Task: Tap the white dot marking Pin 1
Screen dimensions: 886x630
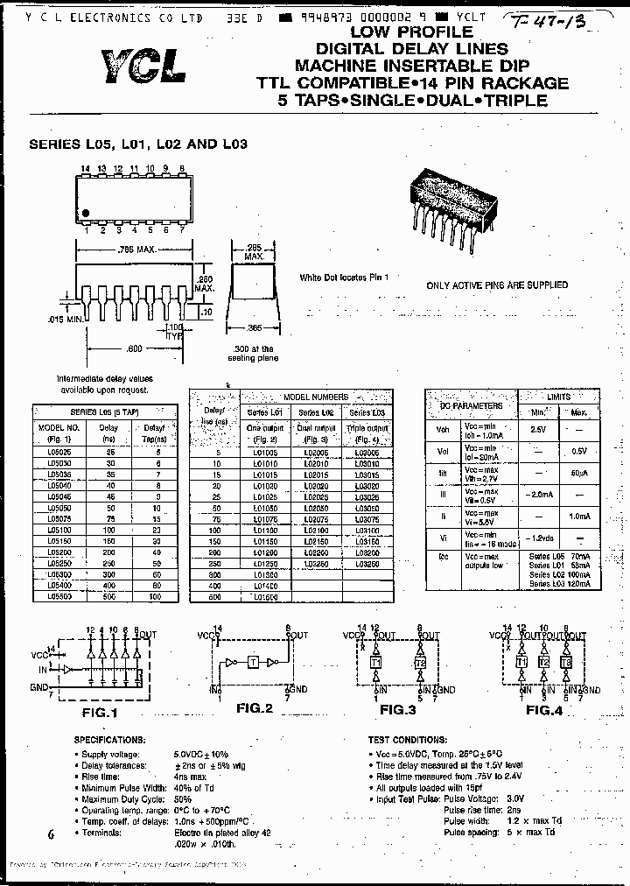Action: [87, 213]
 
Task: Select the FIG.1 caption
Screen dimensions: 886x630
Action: [99, 712]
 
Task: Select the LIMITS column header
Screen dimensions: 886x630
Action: [557, 397]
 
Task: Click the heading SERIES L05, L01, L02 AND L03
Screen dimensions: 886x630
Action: [138, 144]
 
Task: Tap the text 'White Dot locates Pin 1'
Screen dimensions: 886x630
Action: [343, 278]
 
